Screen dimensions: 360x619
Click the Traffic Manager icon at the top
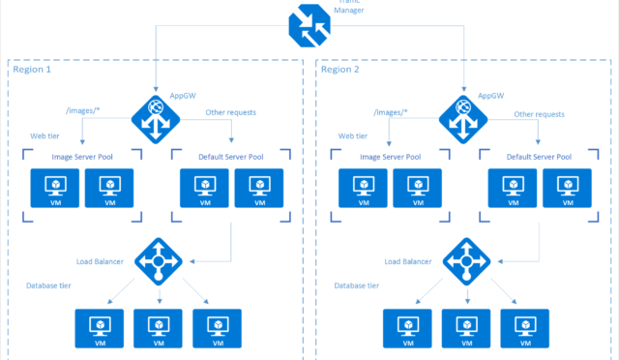coord(310,27)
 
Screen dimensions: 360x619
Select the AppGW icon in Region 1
coord(155,115)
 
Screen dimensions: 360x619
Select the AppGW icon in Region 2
coord(463,115)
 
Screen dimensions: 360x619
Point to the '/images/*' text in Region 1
coord(82,113)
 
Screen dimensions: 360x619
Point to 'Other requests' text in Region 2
coord(539,113)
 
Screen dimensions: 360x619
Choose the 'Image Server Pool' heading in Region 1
coord(82,157)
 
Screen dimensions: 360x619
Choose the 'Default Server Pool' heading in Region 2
coord(536,157)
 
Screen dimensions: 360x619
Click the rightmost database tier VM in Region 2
coord(524,329)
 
